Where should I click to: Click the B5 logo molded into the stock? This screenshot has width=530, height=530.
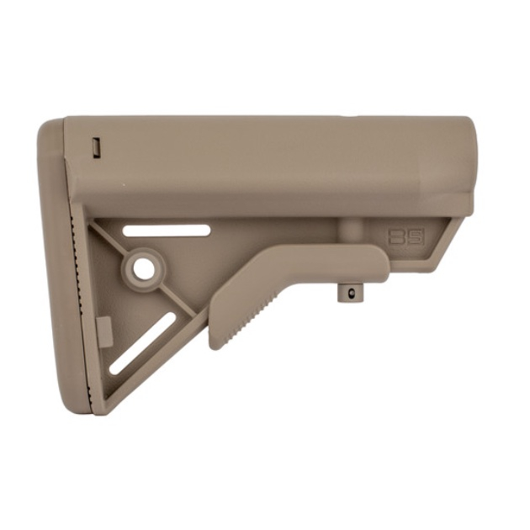pyautogui.click(x=408, y=236)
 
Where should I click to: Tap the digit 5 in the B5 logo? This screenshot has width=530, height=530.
pyautogui.click(x=416, y=236)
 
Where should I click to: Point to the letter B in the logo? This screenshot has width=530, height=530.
pyautogui.click(x=399, y=236)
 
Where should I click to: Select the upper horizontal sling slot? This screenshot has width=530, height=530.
pyautogui.click(x=166, y=229)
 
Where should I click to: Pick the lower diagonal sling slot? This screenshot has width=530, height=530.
pyautogui.click(x=142, y=344)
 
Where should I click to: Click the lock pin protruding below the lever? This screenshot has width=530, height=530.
pyautogui.click(x=346, y=293)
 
